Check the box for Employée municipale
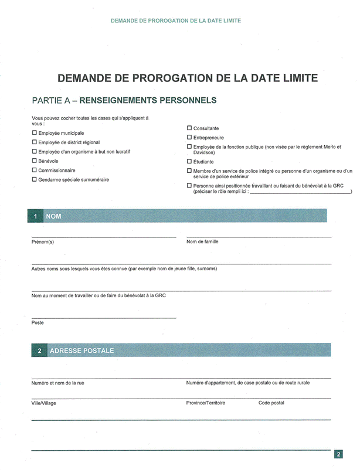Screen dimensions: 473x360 (x=35, y=133)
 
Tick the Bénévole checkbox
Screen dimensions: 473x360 (x=35, y=161)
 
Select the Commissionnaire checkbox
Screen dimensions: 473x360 (x=35, y=170)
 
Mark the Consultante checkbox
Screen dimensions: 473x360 (x=189, y=128)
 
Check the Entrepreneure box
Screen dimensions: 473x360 (x=189, y=137)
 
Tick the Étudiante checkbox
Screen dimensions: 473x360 (x=189, y=161)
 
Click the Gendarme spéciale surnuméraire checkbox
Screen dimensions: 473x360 (x=35, y=179)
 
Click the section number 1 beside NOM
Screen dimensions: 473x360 (x=35, y=217)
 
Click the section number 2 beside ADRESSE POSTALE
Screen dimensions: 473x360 (x=39, y=351)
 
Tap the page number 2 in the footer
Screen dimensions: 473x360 (x=339, y=454)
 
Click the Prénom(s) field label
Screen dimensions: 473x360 (x=43, y=241)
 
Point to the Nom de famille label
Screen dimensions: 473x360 (x=202, y=241)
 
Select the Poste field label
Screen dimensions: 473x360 (x=38, y=322)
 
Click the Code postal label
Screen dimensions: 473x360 (x=271, y=403)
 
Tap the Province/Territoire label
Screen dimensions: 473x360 (x=206, y=403)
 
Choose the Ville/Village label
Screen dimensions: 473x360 (x=44, y=403)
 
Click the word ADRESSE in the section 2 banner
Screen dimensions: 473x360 (x=68, y=351)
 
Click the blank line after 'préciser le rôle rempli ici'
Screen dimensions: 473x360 (x=300, y=191)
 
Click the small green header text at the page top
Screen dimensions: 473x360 (x=176, y=21)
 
